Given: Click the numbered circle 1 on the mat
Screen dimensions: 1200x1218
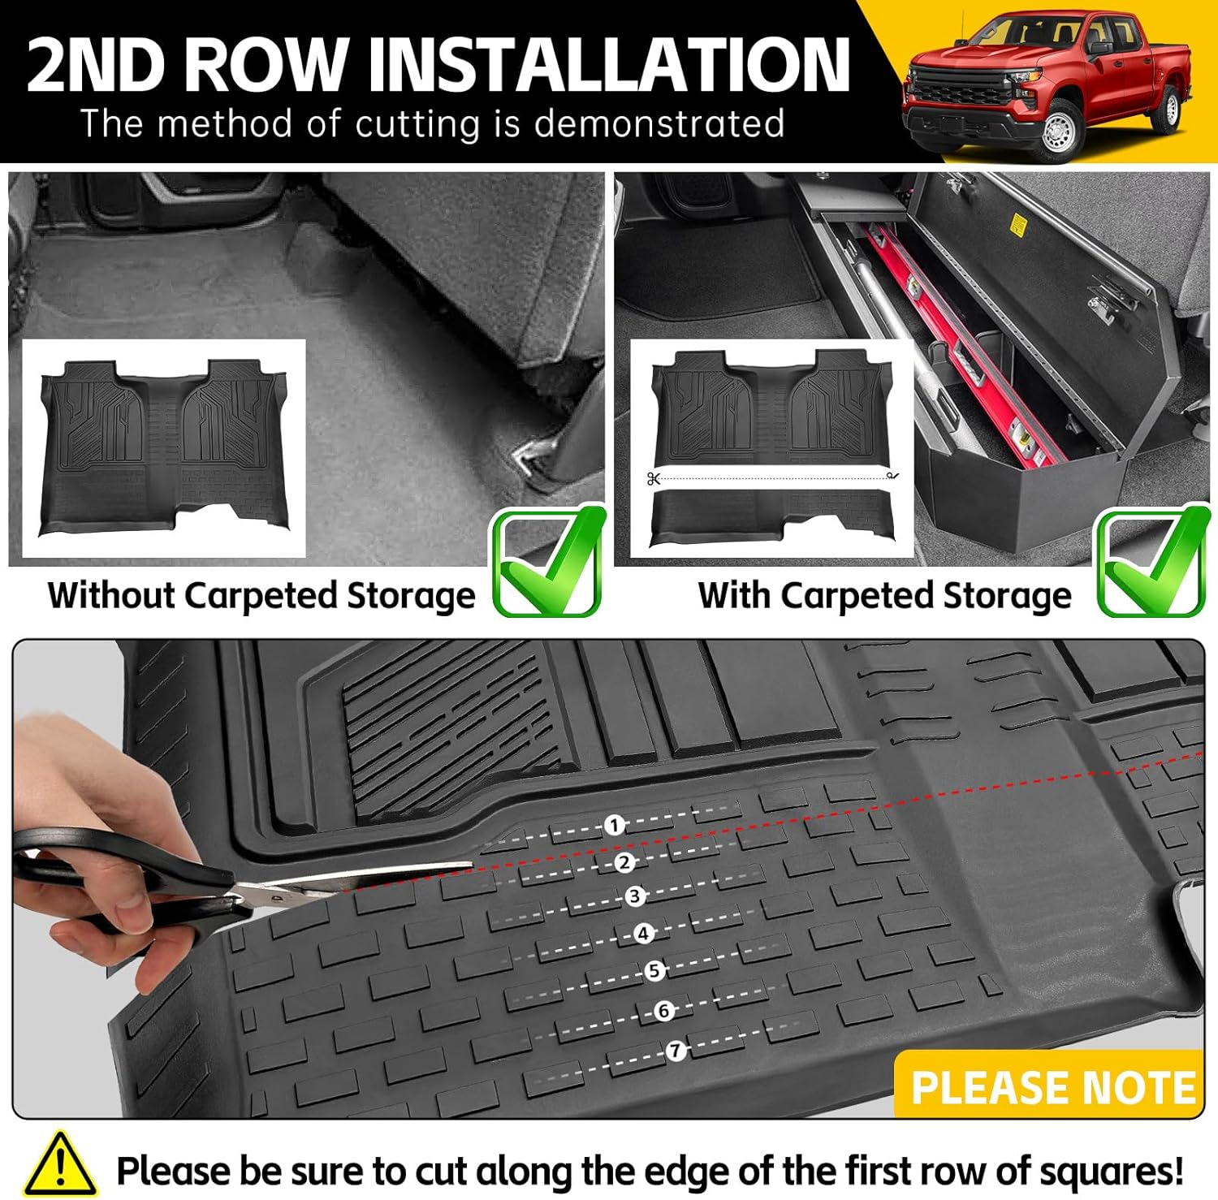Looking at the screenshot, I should click(615, 826).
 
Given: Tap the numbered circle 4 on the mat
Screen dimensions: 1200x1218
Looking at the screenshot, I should click(644, 934).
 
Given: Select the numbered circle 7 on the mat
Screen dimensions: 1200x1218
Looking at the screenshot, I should click(676, 1051).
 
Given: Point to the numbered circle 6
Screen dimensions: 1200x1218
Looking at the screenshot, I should click(664, 1011).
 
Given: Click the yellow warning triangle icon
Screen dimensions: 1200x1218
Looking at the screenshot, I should click(59, 1164).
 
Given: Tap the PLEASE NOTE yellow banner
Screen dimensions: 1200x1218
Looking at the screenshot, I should click(1051, 1086).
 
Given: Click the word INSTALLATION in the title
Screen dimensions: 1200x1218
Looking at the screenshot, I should click(608, 65).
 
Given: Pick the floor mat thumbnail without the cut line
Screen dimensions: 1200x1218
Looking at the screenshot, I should click(164, 448).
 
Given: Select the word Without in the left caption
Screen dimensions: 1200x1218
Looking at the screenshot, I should click(111, 595).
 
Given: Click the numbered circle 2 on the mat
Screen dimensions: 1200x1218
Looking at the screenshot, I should click(624, 862).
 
